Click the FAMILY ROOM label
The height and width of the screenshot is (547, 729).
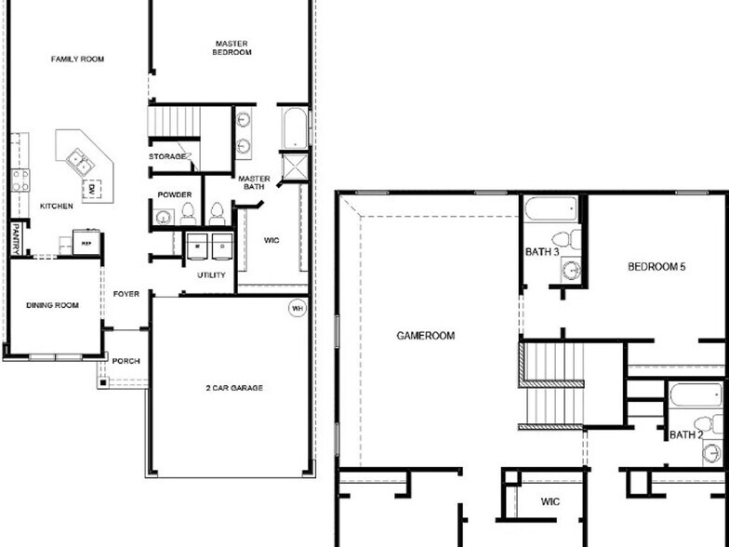[77, 59]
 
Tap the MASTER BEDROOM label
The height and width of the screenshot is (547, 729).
[232, 47]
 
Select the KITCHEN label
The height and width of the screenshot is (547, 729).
[56, 206]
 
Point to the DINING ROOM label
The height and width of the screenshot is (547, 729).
[52, 304]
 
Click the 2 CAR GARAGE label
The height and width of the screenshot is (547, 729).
[232, 387]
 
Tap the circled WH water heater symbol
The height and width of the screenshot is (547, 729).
[298, 309]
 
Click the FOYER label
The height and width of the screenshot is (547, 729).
[126, 294]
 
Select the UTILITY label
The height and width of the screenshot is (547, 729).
[211, 275]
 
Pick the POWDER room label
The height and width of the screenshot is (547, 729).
[175, 195]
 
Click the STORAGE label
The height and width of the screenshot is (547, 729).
[167, 156]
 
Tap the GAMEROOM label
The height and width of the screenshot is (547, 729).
[425, 336]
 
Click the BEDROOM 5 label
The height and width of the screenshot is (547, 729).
[656, 267]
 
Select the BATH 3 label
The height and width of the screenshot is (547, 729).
[541, 252]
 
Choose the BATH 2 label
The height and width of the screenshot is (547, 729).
[684, 434]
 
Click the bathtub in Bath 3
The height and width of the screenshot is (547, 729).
[550, 208]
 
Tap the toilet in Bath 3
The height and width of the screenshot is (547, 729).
[573, 240]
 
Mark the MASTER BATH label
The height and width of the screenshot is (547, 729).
[254, 182]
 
